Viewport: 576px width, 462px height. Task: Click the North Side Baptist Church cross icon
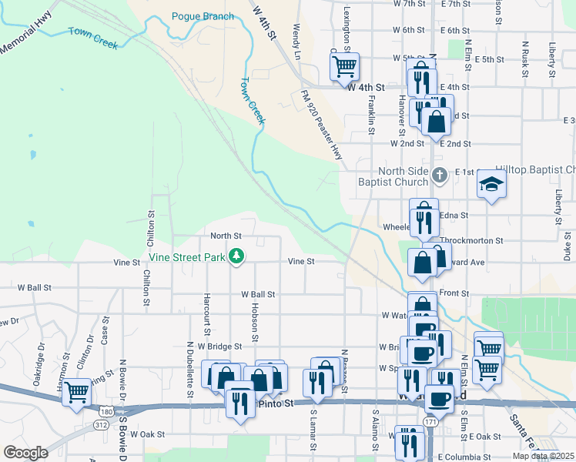[439, 175]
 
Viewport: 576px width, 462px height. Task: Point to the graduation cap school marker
[491, 183]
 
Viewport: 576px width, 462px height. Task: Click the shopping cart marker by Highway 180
[76, 392]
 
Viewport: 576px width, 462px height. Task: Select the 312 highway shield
[102, 424]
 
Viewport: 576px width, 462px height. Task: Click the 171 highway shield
[430, 423]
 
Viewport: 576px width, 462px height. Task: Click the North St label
[226, 236]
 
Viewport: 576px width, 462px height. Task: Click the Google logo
[25, 453]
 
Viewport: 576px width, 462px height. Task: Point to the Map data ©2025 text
[544, 456]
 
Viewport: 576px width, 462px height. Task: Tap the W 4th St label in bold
[365, 87]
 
